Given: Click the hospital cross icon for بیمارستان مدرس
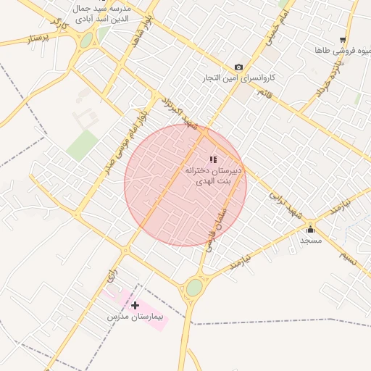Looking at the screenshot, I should [135, 305].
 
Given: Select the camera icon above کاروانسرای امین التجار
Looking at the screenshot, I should [239, 67].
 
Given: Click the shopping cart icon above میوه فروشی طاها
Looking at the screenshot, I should [343, 41].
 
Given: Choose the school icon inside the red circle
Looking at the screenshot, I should [213, 159].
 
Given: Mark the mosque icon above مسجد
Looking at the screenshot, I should [310, 229].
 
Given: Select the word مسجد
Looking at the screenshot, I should [311, 239].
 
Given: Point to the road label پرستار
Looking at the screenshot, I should [41, 36].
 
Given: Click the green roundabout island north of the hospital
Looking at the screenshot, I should [193, 288].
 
